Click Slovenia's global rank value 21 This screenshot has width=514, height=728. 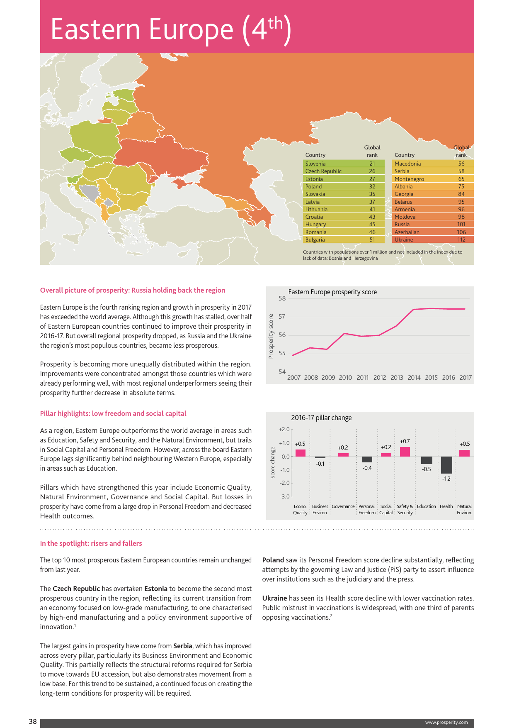pyautogui.click(x=372, y=164)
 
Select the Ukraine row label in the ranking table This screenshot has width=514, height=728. pyautogui.click(x=404, y=239)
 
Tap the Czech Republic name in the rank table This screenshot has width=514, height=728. pyautogui.click(x=323, y=171)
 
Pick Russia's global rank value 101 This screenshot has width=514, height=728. pyautogui.click(x=461, y=224)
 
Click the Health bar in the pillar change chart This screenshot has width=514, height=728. pyautogui.click(x=446, y=465)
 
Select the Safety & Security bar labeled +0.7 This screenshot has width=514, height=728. pyautogui.click(x=405, y=452)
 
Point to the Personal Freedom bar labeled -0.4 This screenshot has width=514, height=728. pyautogui.click(x=367, y=459)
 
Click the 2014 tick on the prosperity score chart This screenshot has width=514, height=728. pyautogui.click(x=414, y=378)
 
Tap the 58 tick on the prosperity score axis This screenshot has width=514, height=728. pyautogui.click(x=282, y=298)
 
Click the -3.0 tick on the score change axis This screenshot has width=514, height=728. pyautogui.click(x=284, y=496)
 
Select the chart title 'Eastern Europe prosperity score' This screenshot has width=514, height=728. pyautogui.click(x=332, y=292)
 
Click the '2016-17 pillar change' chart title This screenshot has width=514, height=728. pyautogui.click(x=321, y=418)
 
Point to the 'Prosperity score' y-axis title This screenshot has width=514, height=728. pyautogui.click(x=271, y=336)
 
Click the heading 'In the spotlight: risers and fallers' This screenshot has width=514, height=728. pyautogui.click(x=91, y=543)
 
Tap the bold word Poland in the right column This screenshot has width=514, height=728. pyautogui.click(x=273, y=560)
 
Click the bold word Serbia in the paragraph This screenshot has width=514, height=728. pyautogui.click(x=183, y=646)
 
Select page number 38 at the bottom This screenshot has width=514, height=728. pyautogui.click(x=33, y=721)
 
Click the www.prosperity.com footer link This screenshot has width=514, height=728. pyautogui.click(x=446, y=722)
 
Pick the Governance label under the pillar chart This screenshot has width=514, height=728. pyautogui.click(x=343, y=506)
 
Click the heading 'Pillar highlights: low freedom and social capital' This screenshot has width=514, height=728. pyautogui.click(x=113, y=413)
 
